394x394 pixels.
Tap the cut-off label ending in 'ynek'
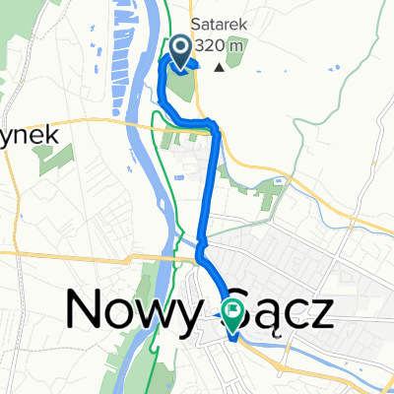pyautogui.click(x=32, y=134)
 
